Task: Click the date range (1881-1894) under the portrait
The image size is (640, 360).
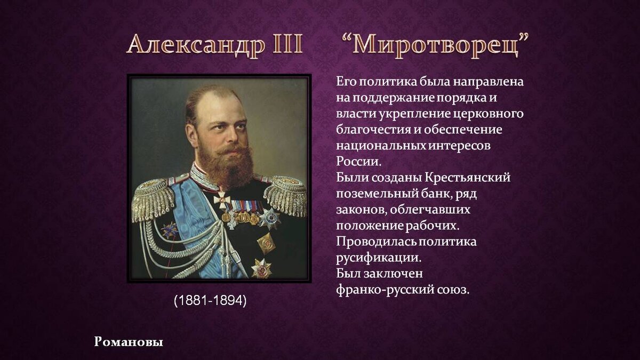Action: (210, 300)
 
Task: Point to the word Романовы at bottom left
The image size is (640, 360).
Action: (129, 341)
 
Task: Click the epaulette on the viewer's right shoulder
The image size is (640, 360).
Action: (285, 195)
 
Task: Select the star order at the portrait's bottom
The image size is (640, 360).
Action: (261, 268)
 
